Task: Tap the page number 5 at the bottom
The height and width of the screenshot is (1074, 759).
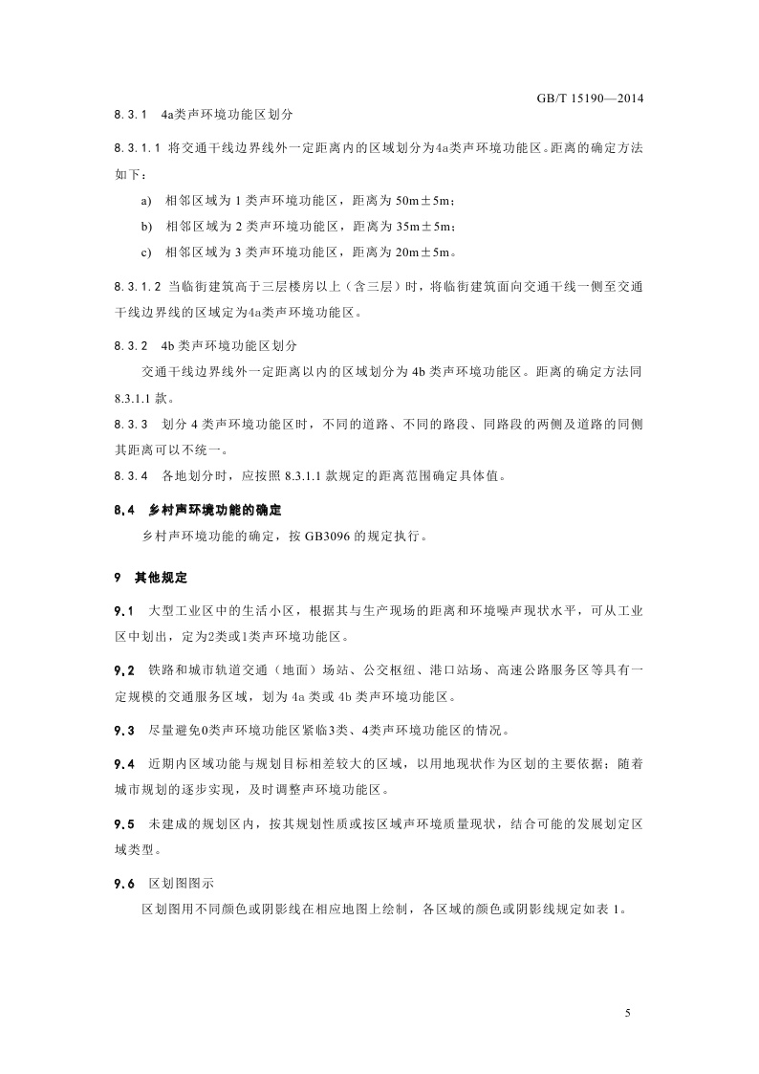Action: point(628,1013)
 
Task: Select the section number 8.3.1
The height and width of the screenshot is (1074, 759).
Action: point(129,115)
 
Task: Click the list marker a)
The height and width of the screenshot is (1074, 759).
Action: point(145,201)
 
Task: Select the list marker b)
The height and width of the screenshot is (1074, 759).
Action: point(145,227)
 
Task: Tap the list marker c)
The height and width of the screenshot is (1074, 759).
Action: point(145,252)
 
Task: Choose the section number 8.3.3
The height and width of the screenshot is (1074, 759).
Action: point(129,424)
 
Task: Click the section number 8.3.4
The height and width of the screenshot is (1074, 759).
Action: point(129,475)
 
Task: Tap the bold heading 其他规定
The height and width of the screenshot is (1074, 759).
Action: point(159,579)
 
